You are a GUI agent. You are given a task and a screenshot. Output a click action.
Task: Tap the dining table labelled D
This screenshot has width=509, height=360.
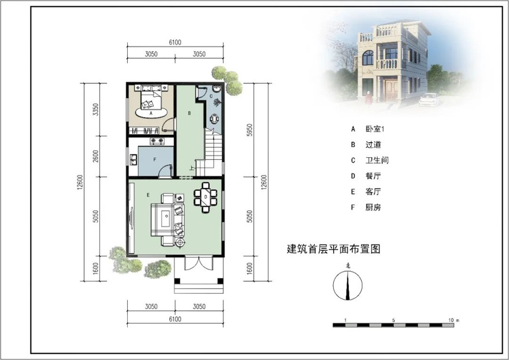pos(205,197)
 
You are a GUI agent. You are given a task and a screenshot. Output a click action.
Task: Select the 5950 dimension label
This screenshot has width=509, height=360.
pos(249,130)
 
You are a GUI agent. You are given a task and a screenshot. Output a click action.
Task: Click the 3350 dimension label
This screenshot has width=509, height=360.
pos(95,110)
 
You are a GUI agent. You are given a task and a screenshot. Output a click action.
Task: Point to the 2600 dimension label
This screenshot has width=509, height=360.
pos(95,157)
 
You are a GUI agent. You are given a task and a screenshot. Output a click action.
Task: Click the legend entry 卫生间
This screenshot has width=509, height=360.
pos(377,160)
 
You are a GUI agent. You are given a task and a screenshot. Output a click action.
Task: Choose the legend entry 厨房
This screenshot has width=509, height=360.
pos(373,207)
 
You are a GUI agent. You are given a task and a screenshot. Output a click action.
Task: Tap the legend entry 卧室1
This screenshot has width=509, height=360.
pos(375,129)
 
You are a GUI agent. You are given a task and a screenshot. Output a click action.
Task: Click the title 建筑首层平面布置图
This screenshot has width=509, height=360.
pos(334,249)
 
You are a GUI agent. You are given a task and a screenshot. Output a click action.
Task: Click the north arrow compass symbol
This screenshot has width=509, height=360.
pos(348,285)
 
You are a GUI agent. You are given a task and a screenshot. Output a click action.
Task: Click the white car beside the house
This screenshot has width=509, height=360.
pos(429,100)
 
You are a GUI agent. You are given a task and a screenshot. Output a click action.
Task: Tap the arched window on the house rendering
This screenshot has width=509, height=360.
pos(368,58)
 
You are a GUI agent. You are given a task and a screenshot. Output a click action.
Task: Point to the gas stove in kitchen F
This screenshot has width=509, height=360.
pos(157,141)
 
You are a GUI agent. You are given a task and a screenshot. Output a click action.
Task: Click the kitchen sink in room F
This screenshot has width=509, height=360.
pos(133,160)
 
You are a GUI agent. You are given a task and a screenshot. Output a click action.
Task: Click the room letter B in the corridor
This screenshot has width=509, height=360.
pos(189,113)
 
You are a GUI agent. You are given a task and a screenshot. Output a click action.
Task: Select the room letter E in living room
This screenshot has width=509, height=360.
pos(148,195)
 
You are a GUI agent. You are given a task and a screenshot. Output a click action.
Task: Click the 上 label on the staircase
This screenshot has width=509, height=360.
pos(192,168)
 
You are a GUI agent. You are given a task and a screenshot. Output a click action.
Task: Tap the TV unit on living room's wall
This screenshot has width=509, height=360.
pos(131,218)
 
